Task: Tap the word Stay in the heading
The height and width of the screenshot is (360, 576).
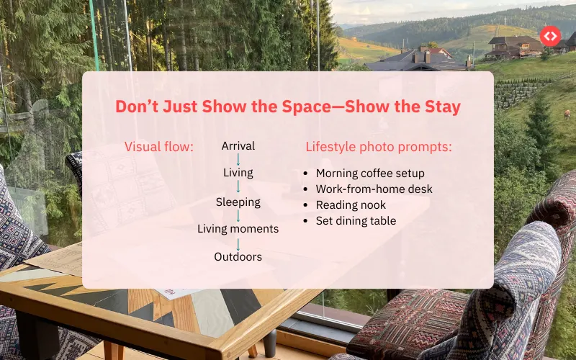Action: tap(438, 107)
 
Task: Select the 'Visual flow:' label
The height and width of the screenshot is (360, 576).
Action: tap(159, 147)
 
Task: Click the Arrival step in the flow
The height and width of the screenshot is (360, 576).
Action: tap(238, 146)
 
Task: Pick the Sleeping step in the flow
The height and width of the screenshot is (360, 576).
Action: tap(238, 202)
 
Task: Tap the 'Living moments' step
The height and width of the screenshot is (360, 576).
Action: tap(238, 229)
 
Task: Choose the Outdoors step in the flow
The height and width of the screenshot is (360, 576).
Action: tap(238, 256)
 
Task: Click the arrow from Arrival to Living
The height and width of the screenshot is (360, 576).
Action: tap(238, 160)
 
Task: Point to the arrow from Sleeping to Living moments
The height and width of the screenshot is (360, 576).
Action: tap(238, 215)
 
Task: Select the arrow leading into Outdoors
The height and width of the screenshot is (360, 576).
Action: tap(238, 243)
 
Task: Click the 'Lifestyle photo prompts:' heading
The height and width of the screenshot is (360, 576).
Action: tap(379, 147)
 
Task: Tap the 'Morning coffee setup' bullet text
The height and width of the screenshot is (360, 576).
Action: tap(370, 174)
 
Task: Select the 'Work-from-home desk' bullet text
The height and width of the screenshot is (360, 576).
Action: tap(374, 189)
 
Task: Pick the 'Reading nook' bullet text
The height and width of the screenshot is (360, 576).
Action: tap(351, 205)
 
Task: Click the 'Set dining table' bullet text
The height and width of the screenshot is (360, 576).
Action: tap(356, 221)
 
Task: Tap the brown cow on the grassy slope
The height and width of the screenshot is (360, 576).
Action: tap(567, 113)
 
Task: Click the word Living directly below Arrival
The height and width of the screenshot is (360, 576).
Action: tap(238, 173)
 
